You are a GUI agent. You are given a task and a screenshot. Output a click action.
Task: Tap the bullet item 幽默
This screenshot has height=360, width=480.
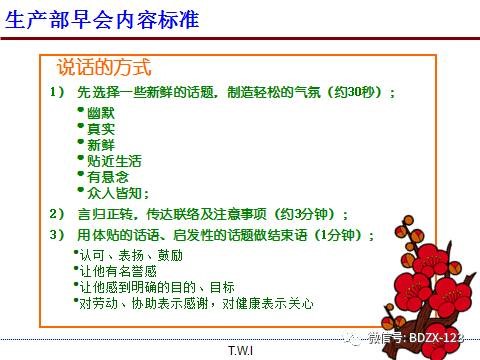pyautogui.click(x=100, y=112)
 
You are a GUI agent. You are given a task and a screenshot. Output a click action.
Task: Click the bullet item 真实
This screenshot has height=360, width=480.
pyautogui.click(x=100, y=128)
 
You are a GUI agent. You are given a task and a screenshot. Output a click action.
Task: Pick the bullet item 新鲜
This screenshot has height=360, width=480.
pyautogui.click(x=100, y=144)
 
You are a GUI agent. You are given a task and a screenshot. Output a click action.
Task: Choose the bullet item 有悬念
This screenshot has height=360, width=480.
pyautogui.click(x=106, y=176)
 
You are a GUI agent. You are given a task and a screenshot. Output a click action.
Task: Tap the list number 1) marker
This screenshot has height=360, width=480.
pyautogui.click(x=56, y=92)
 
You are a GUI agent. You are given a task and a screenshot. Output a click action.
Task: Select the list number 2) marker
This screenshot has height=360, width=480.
pyautogui.click(x=56, y=214)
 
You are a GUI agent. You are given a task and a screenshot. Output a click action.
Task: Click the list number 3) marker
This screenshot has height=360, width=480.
pyautogui.click(x=56, y=235)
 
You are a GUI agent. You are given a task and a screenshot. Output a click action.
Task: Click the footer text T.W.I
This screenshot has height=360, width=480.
pyautogui.click(x=240, y=350)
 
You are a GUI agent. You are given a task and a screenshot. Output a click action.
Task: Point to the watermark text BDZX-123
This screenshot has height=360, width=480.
pyautogui.click(x=446, y=338)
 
